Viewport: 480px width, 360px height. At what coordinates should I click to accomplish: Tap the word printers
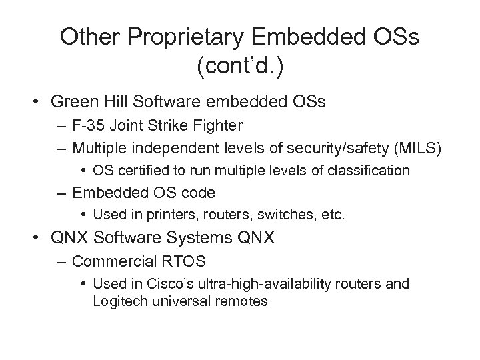(149, 215)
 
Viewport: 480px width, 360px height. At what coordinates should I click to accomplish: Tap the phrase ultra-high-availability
(262, 285)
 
